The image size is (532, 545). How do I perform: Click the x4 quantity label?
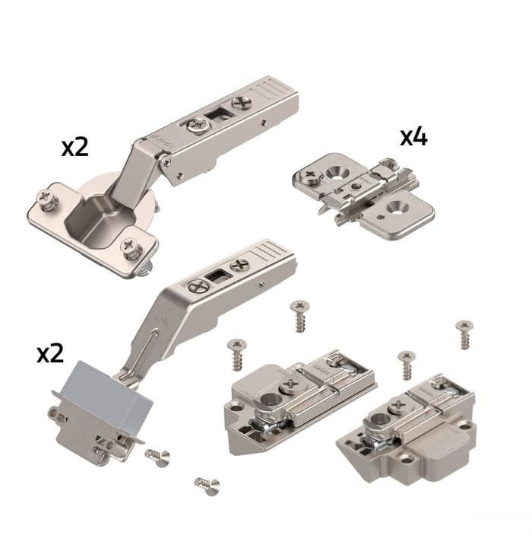point(413,137)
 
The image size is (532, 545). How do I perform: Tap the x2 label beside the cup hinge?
point(75,148)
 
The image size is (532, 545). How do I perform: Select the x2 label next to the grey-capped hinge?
point(50,354)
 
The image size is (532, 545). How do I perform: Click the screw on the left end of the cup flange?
point(46,199)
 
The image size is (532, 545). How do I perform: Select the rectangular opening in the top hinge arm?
point(215,116)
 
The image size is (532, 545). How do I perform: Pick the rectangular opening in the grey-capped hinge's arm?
point(215,276)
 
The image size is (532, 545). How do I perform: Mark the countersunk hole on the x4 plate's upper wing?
point(337,171)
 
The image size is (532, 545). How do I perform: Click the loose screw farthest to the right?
point(464,334)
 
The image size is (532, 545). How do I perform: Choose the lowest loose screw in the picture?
point(207,486)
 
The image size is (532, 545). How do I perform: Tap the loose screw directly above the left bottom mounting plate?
point(299,316)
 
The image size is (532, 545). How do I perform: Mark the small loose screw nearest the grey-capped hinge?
point(158,457)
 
